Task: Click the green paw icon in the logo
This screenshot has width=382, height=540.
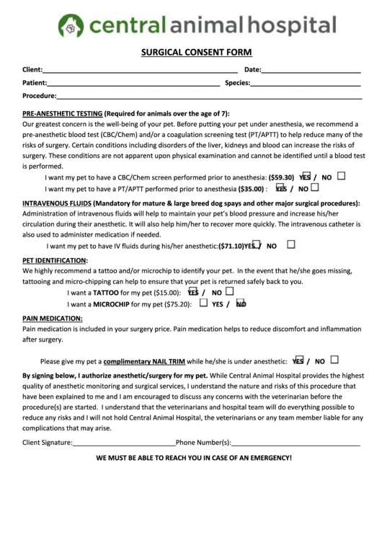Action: (x=71, y=27)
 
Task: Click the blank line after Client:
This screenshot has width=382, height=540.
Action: (x=140, y=71)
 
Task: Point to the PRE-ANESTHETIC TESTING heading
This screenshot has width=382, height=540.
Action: (x=62, y=114)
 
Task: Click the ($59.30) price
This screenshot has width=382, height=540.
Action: (x=281, y=177)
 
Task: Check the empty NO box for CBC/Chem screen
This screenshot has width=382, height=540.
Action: (x=341, y=175)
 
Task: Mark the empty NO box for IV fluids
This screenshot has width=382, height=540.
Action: (x=291, y=244)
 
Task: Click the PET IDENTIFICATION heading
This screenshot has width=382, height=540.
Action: (x=55, y=260)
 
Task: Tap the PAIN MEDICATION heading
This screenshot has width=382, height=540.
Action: (x=53, y=318)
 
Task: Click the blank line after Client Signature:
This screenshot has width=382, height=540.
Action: (x=124, y=444)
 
